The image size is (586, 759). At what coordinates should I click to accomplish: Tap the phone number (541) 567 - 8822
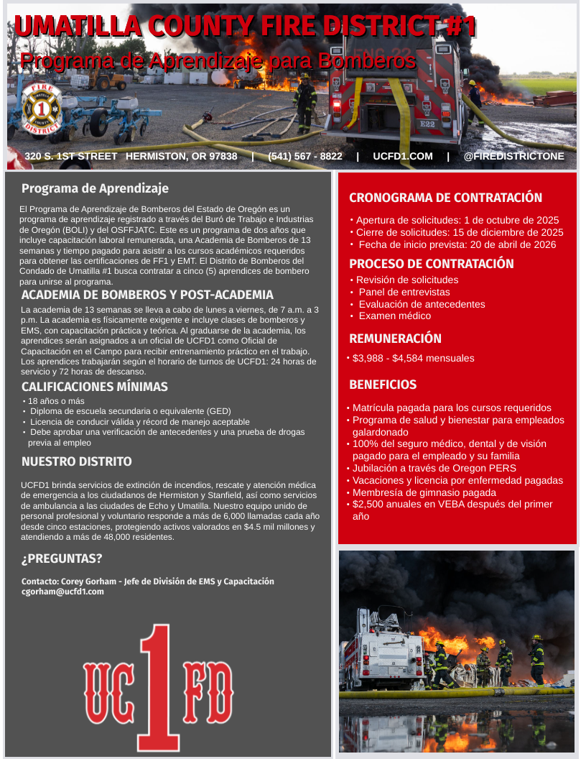304,156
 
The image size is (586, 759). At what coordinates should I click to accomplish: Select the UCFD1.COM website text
402,156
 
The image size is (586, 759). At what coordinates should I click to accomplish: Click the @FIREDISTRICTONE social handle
513,156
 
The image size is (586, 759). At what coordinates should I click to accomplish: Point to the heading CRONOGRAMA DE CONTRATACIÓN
445,198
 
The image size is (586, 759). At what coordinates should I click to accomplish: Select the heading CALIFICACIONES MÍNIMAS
95,387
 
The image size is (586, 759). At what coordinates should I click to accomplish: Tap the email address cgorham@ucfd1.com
62,592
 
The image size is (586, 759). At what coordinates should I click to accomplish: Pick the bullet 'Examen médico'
395,316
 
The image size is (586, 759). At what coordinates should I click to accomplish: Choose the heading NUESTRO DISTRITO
77,461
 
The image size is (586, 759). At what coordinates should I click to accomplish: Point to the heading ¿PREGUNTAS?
62,558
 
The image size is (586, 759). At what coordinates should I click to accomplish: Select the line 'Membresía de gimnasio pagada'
424,492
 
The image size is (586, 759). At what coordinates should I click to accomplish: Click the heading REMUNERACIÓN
395,339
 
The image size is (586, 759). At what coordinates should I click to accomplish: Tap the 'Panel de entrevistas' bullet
404,292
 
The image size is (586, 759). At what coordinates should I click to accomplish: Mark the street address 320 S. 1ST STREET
70,156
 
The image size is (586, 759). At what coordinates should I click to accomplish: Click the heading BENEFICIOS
383,385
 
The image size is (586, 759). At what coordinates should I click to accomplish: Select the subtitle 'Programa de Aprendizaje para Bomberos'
218,61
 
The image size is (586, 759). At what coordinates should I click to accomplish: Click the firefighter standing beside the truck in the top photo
305,103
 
